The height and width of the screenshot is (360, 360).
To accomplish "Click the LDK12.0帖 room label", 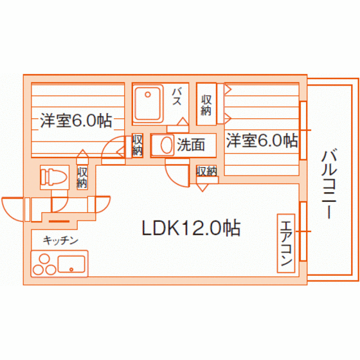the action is pyautogui.click(x=192, y=228).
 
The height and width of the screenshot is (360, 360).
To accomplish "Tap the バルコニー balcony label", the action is pyautogui.click(x=329, y=184).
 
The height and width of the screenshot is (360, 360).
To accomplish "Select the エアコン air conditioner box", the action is pyautogui.click(x=286, y=244).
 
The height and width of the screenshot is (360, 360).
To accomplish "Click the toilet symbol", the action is pyautogui.click(x=53, y=177).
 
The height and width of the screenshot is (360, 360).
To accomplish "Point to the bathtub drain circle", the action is pyautogui.click(x=148, y=94).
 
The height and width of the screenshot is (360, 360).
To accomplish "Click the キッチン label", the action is pyautogui.click(x=60, y=240).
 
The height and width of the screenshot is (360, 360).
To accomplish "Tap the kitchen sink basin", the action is pyautogui.click(x=71, y=264).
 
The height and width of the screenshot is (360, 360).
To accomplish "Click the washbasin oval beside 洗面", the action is pyautogui.click(x=167, y=145).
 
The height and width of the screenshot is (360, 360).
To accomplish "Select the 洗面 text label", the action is pyautogui.click(x=191, y=145).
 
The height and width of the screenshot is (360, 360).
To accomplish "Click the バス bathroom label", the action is pyautogui.click(x=177, y=97).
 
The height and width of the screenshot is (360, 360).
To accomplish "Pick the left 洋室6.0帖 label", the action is pyautogui.click(x=76, y=121).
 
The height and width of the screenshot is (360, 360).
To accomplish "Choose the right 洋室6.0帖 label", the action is pyautogui.click(x=262, y=140).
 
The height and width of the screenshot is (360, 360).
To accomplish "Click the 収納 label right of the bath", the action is pyautogui.click(x=206, y=105).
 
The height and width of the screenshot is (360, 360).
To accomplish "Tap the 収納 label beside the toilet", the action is pyautogui.click(x=82, y=177).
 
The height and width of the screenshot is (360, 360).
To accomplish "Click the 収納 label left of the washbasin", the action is pyautogui.click(x=138, y=145).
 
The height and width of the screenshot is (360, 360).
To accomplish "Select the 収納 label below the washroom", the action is pyautogui.click(x=206, y=171).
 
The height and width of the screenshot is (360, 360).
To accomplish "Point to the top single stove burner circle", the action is pyautogui.click(x=44, y=259).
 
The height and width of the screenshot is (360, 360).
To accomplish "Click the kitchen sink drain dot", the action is pyautogui.click(x=71, y=269).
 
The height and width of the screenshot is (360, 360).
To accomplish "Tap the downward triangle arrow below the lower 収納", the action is pyautogui.click(x=203, y=188).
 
